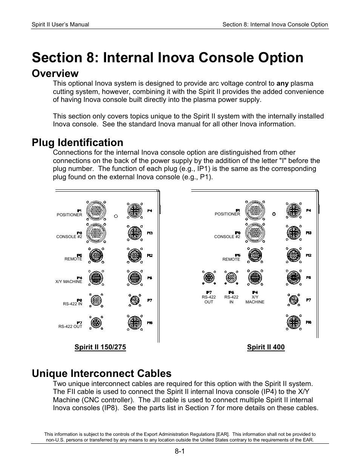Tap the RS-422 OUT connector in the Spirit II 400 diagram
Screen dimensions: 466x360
[x=209, y=278]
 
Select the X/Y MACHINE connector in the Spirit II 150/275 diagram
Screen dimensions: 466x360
[x=96, y=278]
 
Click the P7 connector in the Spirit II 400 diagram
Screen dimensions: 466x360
[x=293, y=300]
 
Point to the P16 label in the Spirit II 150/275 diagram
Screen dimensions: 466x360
[x=150, y=323]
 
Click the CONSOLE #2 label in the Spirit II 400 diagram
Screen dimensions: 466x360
[x=227, y=237]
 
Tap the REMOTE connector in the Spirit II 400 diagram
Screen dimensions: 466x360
[x=255, y=255]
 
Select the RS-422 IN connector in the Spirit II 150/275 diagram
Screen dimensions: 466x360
[x=96, y=301]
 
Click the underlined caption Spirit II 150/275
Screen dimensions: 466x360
[x=100, y=347]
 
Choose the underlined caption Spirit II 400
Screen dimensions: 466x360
[x=266, y=347]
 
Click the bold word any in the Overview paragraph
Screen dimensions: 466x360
[x=282, y=83]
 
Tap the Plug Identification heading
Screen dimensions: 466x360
[x=77, y=142]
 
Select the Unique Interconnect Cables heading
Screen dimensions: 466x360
[x=102, y=373]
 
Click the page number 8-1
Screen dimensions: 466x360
[x=180, y=451]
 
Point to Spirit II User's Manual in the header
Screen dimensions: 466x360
[x=60, y=25]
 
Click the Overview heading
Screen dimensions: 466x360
[x=55, y=73]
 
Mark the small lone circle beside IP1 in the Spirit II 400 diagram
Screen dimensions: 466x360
[x=274, y=214]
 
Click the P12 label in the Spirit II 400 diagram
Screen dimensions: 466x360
[x=308, y=255]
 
